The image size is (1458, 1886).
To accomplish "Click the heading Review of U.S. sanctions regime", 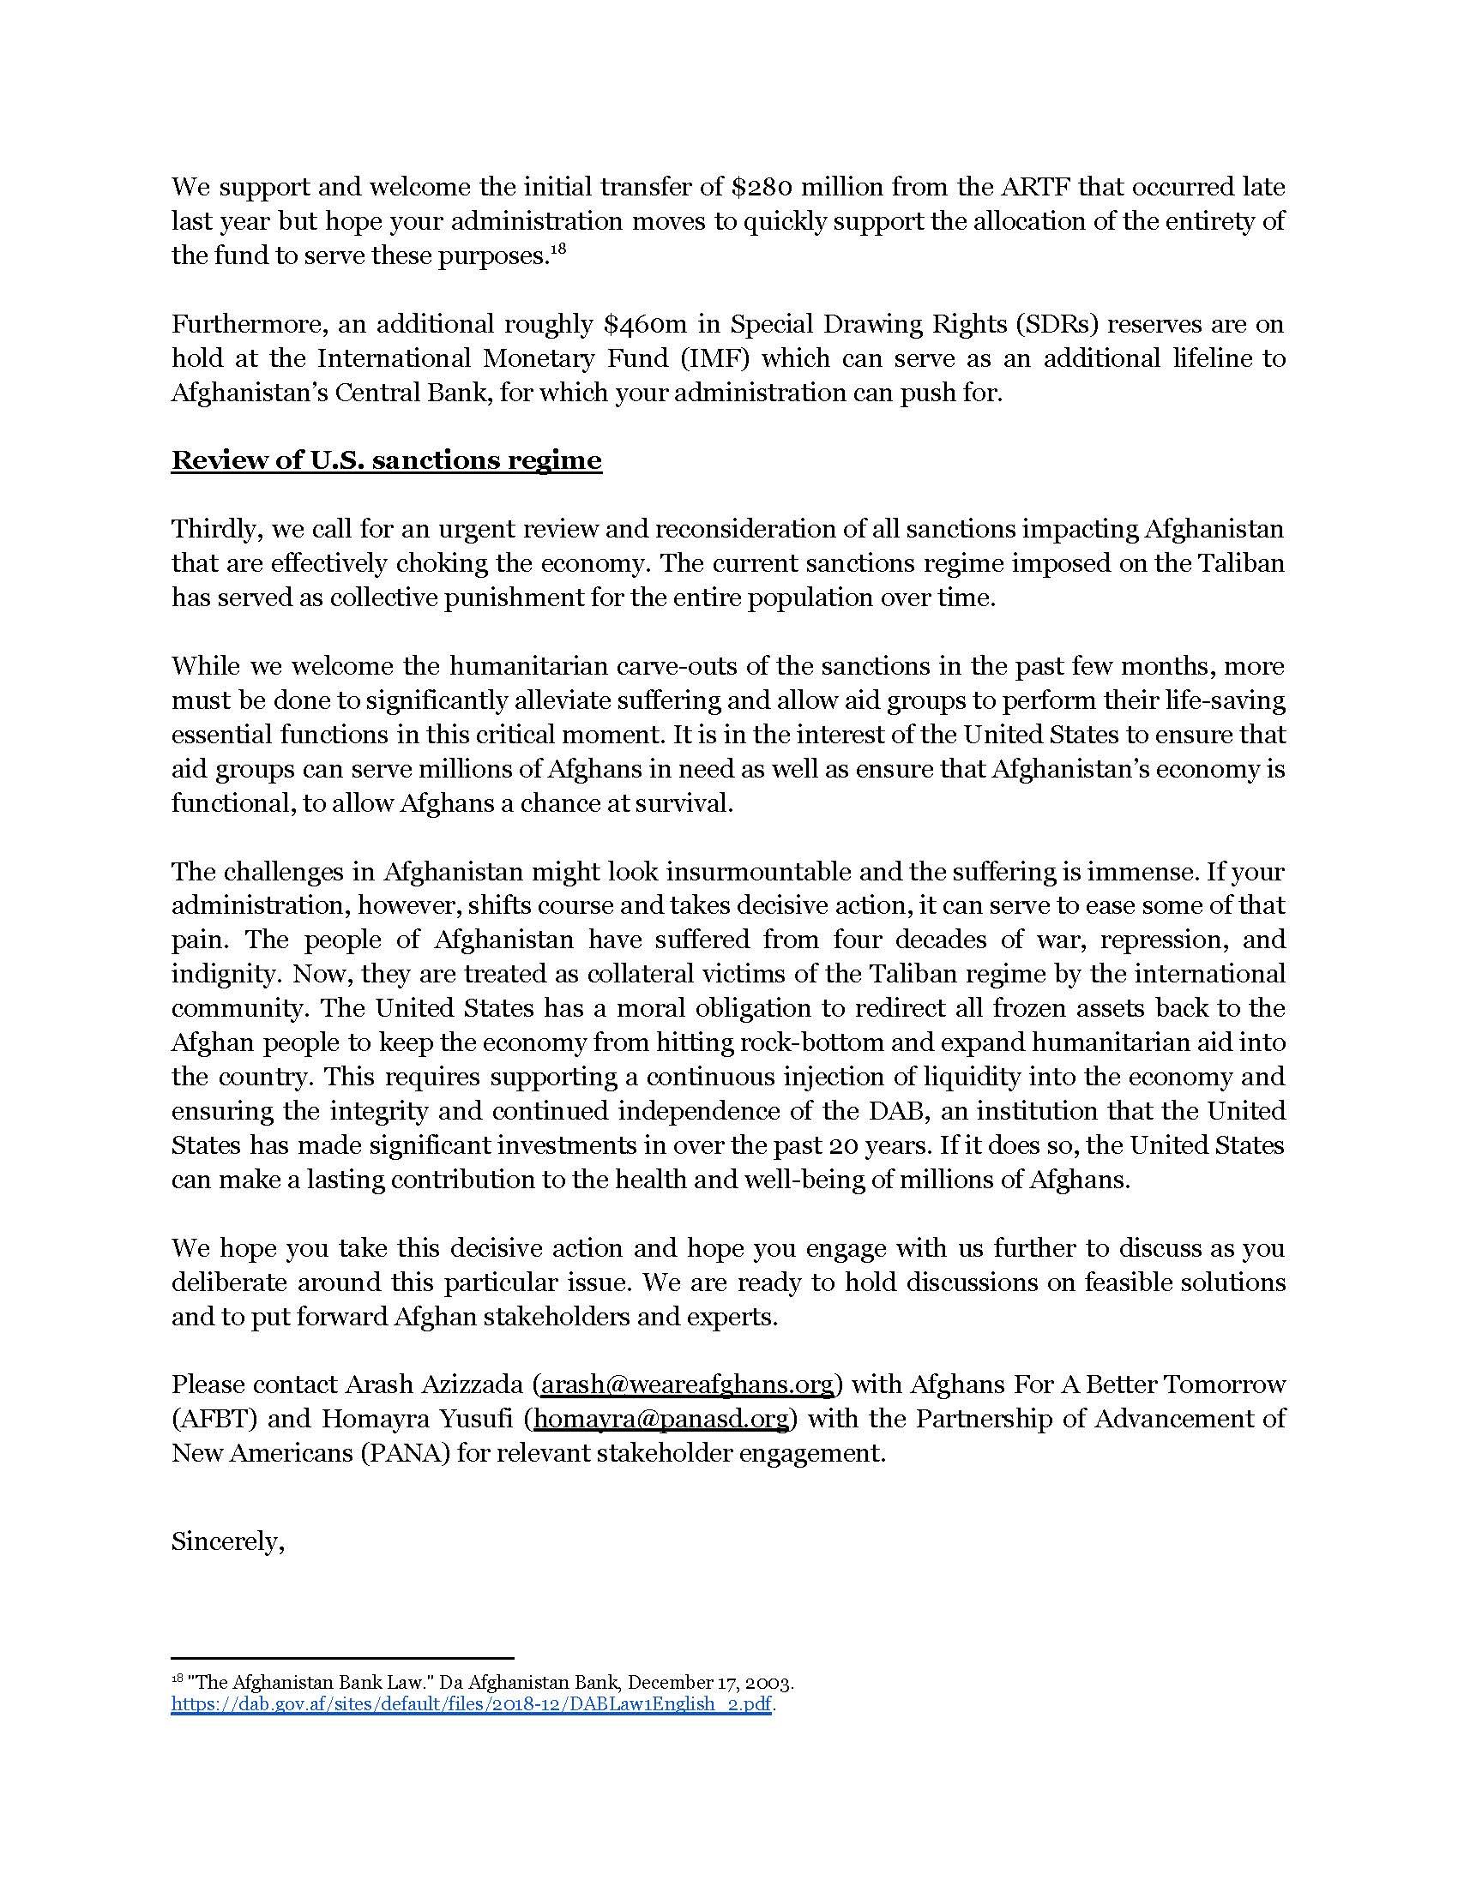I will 386,459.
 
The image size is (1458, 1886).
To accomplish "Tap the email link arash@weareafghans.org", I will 687,1384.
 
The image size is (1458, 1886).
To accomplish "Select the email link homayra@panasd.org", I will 661,1419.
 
